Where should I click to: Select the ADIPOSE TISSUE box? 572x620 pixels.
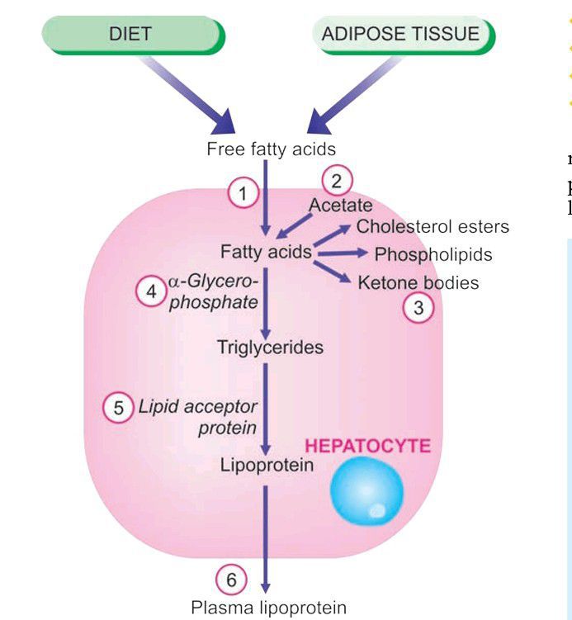click(x=401, y=35)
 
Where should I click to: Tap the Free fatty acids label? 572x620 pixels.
click(x=271, y=149)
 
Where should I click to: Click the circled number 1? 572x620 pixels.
click(x=243, y=195)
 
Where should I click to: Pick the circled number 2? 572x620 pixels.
click(x=336, y=180)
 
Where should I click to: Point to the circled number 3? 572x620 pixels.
click(x=418, y=309)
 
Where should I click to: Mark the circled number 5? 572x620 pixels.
click(x=119, y=407)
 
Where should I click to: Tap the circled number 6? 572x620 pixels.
click(x=231, y=580)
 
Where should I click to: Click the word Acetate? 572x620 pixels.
click(x=340, y=205)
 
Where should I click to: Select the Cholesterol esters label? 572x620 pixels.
click(x=433, y=226)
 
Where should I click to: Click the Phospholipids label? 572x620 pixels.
click(x=433, y=254)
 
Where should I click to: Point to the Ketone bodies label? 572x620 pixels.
click(x=418, y=282)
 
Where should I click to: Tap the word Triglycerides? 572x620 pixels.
click(x=270, y=348)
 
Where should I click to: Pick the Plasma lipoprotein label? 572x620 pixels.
click(x=269, y=608)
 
